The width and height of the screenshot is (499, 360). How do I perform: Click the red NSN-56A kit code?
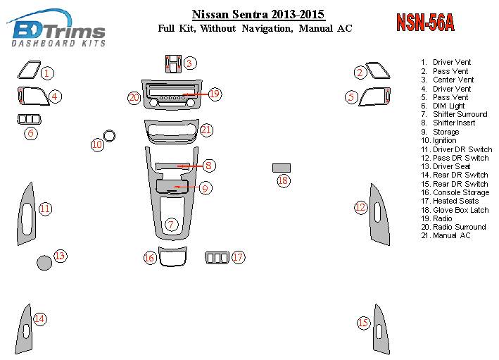(425, 23)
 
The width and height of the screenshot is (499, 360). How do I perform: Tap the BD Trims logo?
(56, 28)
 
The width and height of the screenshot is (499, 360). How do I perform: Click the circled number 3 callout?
(189, 63)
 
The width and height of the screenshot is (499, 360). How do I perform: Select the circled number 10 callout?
(97, 145)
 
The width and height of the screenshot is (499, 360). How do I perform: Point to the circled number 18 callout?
(283, 180)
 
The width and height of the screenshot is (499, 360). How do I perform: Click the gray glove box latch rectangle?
(282, 168)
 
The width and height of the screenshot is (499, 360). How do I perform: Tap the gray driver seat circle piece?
(44, 263)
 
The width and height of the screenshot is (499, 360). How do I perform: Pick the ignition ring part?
(109, 135)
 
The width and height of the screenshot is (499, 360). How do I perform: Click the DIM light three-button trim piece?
(29, 119)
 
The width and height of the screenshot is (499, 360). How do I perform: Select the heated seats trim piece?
(217, 258)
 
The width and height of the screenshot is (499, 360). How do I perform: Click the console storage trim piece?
(172, 256)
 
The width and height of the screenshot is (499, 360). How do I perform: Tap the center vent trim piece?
(173, 63)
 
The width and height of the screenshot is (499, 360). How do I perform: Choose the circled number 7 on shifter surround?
(171, 224)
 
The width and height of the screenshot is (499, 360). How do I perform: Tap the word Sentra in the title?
(251, 14)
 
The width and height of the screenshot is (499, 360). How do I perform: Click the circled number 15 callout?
(363, 323)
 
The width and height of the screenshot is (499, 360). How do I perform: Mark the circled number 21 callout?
(206, 130)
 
